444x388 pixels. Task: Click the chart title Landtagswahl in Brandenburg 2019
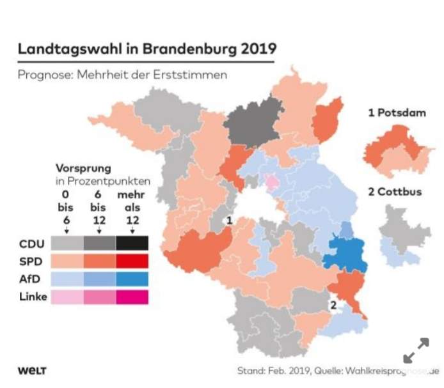click(147, 49)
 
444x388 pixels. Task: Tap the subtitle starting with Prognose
click(122, 75)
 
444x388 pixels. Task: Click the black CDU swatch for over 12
click(132, 244)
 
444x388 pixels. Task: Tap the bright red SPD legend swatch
click(132, 261)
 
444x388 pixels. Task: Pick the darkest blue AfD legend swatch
click(132, 279)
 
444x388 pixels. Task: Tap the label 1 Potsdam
click(397, 113)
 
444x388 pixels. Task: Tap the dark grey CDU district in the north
click(252, 120)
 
